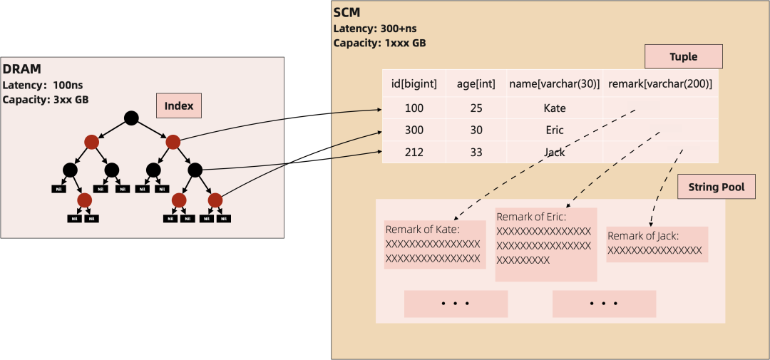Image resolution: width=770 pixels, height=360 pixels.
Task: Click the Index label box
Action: pyautogui.click(x=179, y=106)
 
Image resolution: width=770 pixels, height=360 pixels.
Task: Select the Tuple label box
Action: pyautogui.click(x=683, y=56)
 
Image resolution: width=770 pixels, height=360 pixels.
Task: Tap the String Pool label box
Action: pyautogui.click(x=716, y=187)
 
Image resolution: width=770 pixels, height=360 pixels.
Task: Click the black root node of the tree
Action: pyautogui.click(x=130, y=118)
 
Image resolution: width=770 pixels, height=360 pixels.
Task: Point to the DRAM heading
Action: pyautogui.click(x=22, y=69)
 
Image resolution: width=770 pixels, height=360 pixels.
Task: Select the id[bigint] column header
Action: pyautogui.click(x=414, y=83)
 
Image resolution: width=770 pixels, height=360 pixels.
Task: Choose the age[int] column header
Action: pyautogui.click(x=476, y=83)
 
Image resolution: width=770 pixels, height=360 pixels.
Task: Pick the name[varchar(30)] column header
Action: pyautogui.click(x=554, y=83)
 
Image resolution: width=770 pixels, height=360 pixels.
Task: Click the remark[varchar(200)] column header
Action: pyautogui.click(x=659, y=83)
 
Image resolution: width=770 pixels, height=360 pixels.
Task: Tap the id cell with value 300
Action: pyautogui.click(x=414, y=130)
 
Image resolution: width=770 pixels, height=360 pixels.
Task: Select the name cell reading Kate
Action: pyautogui.click(x=554, y=108)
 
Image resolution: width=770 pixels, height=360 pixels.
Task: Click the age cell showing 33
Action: pyautogui.click(x=476, y=152)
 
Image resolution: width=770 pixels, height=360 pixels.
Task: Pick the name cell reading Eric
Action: pyautogui.click(x=554, y=130)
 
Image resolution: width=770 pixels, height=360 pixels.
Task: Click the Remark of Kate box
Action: pyautogui.click(x=435, y=245)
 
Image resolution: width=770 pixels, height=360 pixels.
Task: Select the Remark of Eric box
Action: pyautogui.click(x=545, y=244)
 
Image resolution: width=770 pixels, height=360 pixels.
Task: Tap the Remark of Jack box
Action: pyautogui.click(x=657, y=244)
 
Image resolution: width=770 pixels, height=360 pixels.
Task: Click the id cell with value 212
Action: pyautogui.click(x=414, y=152)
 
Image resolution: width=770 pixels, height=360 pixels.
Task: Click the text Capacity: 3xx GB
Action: pyautogui.click(x=46, y=99)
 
